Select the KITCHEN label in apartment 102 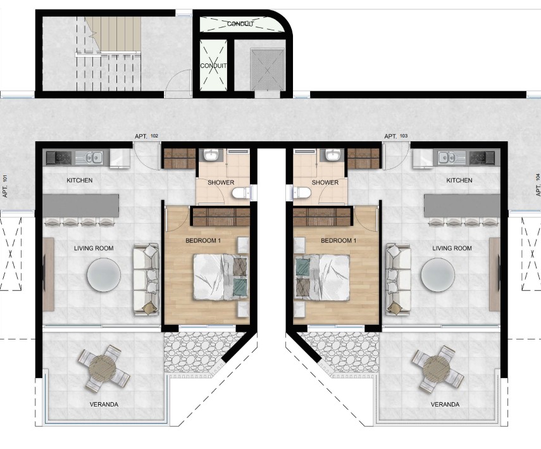pos(80,180)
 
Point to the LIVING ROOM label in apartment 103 pos(452,248)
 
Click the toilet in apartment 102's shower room pos(240,193)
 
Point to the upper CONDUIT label pos(240,24)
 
